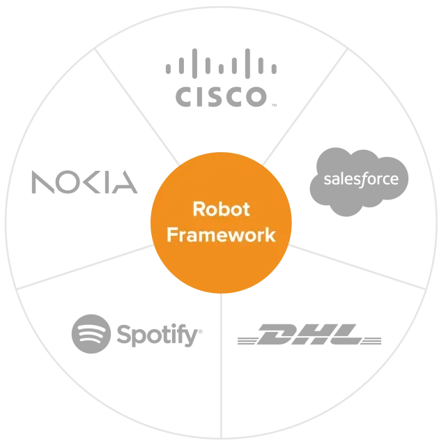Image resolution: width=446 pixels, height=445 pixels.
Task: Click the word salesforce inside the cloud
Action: (361, 179)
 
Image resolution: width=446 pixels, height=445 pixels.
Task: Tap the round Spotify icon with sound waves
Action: (91, 335)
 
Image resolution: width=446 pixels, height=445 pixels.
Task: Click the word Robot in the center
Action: (220, 209)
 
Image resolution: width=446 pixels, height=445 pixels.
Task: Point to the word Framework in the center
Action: (220, 235)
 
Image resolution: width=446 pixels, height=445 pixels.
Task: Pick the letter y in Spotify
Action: (189, 338)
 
